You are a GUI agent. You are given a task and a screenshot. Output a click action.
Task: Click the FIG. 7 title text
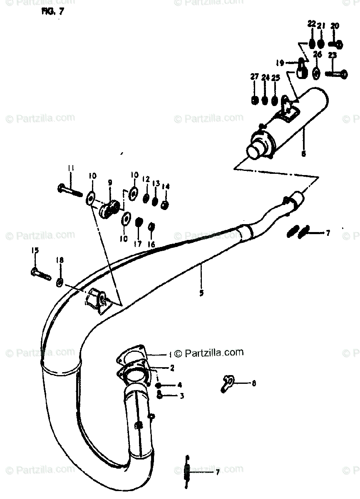(x=52, y=12)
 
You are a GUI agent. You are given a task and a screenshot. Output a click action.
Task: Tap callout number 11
(x=71, y=168)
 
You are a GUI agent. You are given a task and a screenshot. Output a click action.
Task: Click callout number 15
(x=35, y=250)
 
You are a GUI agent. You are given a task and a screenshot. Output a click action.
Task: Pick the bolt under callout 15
(x=40, y=274)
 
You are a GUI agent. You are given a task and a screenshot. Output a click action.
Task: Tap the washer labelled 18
(x=60, y=283)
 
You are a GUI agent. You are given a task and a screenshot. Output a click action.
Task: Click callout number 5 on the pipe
(x=201, y=293)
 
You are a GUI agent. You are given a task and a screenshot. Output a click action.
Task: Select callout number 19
(x=280, y=63)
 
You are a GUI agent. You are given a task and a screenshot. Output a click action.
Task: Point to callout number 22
(x=312, y=24)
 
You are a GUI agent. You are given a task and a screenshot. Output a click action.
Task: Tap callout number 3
(x=181, y=396)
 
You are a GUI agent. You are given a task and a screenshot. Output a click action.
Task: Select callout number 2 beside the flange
(x=172, y=368)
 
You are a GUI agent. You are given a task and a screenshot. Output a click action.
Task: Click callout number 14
(x=166, y=186)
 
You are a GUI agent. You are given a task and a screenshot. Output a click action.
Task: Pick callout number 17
(x=138, y=244)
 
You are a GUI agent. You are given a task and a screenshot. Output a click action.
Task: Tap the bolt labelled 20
(x=336, y=44)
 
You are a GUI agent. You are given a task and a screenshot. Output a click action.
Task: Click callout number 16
(x=151, y=245)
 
